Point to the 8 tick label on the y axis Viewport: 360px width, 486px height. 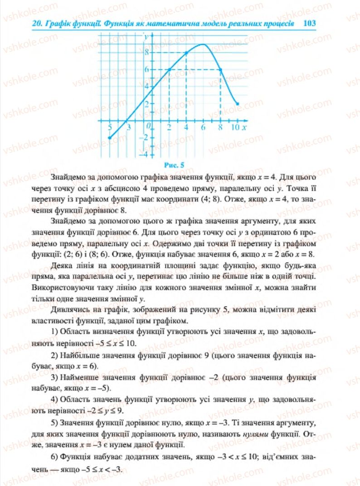146,52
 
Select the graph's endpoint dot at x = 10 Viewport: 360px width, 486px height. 238,103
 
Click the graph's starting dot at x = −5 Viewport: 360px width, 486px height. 109,138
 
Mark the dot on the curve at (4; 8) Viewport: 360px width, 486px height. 186,53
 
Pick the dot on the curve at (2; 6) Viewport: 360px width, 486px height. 169,69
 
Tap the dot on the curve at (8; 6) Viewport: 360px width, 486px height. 220,69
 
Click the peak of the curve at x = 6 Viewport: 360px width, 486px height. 203,44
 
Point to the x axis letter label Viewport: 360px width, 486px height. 244,127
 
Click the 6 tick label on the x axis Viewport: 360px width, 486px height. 203,127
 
